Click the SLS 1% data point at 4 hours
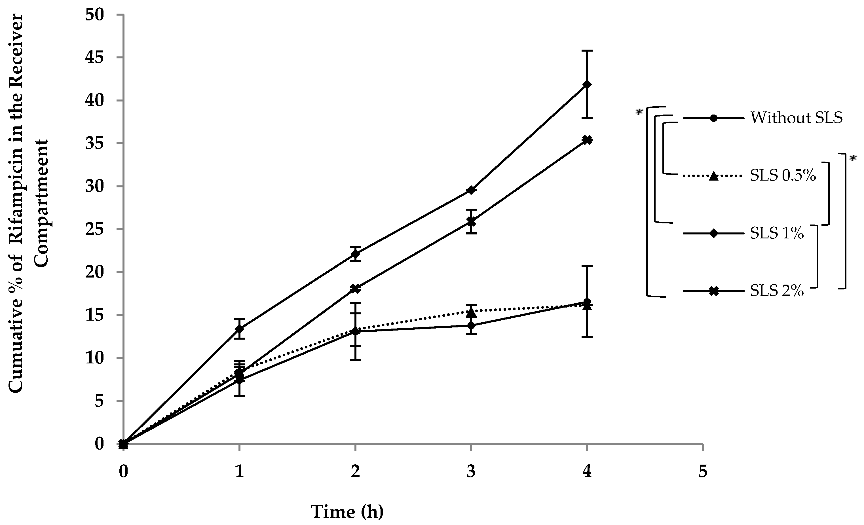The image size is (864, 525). point(587,84)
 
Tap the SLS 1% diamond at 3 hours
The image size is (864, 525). point(471,190)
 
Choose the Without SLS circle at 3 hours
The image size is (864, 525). point(471,326)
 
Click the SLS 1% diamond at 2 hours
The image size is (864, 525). point(355,254)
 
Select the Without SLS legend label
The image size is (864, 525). point(796,118)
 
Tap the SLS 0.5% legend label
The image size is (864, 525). point(783,176)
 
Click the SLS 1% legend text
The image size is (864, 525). point(777,233)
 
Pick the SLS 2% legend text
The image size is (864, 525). point(777,291)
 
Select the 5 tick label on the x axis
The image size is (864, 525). point(703,472)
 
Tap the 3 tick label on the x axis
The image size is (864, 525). point(471,472)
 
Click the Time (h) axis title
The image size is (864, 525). point(347,512)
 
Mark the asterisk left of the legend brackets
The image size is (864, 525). point(639,113)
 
